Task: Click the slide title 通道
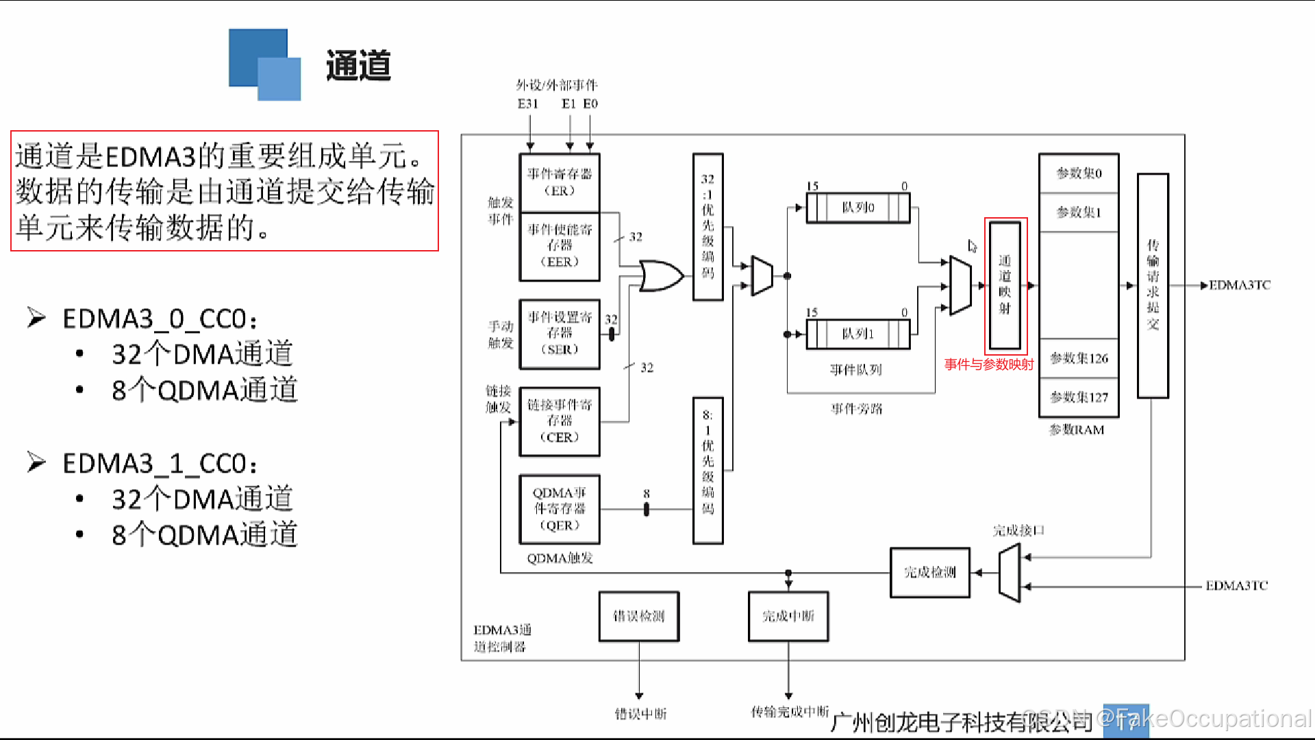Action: pyautogui.click(x=358, y=66)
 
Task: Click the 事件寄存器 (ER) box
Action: pyautogui.click(x=560, y=182)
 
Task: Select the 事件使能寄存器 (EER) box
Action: pyautogui.click(x=560, y=245)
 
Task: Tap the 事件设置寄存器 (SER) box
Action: pyautogui.click(x=560, y=333)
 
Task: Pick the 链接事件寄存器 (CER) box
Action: pyautogui.click(x=560, y=421)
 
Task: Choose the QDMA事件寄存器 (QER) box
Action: pyautogui.click(x=560, y=509)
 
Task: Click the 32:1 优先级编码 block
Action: pyautogui.click(x=707, y=226)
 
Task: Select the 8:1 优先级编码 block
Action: pyautogui.click(x=707, y=470)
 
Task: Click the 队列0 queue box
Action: pyautogui.click(x=858, y=208)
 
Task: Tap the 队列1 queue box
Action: pyautogui.click(x=858, y=334)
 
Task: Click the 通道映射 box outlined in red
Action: pyautogui.click(x=1005, y=284)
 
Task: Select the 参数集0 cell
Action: pyautogui.click(x=1079, y=173)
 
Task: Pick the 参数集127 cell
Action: pyautogui.click(x=1079, y=397)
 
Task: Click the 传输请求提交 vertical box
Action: pyautogui.click(x=1153, y=285)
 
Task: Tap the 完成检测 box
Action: pyautogui.click(x=929, y=572)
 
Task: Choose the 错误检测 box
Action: pyautogui.click(x=638, y=616)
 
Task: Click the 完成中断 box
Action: pyautogui.click(x=788, y=616)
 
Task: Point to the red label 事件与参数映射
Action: pyautogui.click(x=988, y=365)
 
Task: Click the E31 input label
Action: pyautogui.click(x=528, y=104)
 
